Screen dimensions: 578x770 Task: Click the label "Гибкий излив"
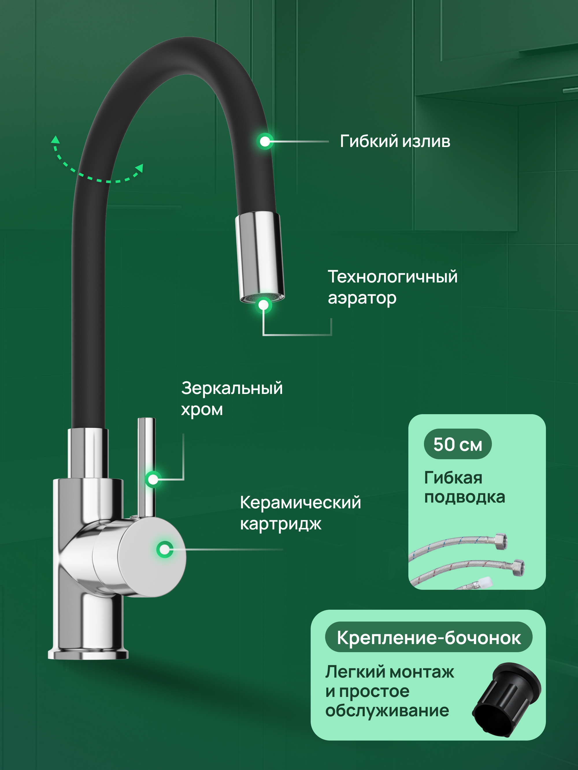(395, 141)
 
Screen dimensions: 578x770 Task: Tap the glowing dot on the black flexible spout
(265, 141)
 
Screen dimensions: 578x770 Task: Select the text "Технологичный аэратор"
(392, 287)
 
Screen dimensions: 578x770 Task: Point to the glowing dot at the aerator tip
(263, 305)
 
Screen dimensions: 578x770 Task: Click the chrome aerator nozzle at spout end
(260, 256)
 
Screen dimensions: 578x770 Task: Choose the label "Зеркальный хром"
(232, 399)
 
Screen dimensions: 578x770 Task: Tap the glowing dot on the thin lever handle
(153, 479)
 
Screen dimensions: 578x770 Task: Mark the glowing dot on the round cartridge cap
(164, 550)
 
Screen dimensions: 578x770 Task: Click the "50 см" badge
(457, 444)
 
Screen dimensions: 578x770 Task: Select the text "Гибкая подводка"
(464, 487)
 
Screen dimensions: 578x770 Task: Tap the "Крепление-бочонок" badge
(429, 638)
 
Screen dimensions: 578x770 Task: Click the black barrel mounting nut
(507, 700)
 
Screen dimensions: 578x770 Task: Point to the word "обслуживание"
(387, 711)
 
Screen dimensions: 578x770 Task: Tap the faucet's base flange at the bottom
(88, 654)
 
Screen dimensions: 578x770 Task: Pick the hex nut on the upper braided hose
(500, 542)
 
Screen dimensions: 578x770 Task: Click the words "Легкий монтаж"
(390, 672)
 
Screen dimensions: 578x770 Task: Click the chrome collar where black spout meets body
(88, 453)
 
